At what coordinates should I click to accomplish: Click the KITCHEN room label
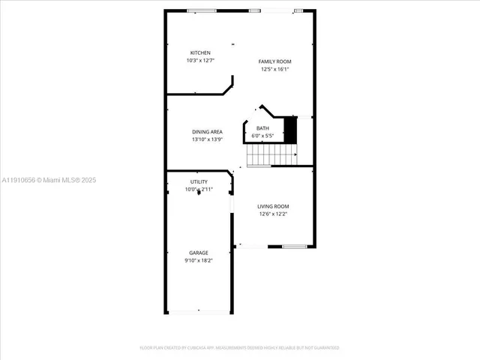(x=199, y=52)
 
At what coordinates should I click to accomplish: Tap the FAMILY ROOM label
(x=275, y=61)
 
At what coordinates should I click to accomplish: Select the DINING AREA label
(x=207, y=132)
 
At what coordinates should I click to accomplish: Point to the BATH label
(x=262, y=128)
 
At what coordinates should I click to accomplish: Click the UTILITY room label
(x=199, y=182)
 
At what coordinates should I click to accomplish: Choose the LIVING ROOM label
(x=274, y=206)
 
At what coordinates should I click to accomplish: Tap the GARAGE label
(x=199, y=253)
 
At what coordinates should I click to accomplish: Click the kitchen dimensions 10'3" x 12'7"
(x=199, y=60)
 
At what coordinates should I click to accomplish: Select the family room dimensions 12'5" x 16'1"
(x=275, y=69)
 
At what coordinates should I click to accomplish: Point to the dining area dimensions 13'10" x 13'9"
(x=207, y=139)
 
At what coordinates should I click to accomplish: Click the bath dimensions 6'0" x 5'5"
(x=262, y=136)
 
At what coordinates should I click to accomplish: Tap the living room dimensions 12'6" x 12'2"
(x=274, y=214)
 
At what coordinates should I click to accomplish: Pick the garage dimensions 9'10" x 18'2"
(x=199, y=260)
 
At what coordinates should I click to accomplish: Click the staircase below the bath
(x=270, y=154)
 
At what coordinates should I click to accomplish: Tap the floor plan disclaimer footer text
(x=240, y=348)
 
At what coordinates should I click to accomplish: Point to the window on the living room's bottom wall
(x=294, y=246)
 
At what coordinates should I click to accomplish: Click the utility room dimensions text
(x=199, y=190)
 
